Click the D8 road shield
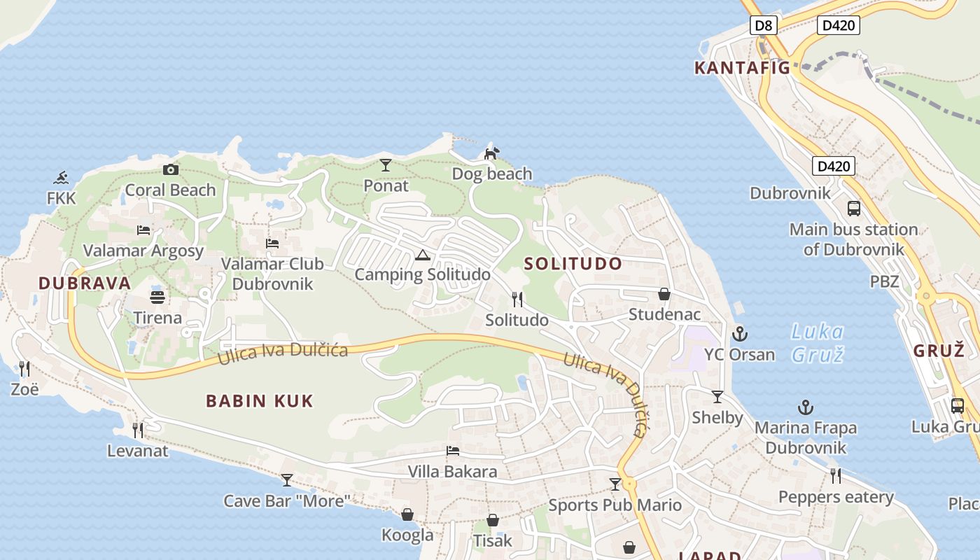(x=764, y=26)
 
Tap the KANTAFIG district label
(x=742, y=68)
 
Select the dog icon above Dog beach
(x=492, y=153)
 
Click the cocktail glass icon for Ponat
(x=386, y=165)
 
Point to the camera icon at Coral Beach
(x=170, y=169)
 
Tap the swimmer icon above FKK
(x=62, y=178)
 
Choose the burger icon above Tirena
(x=157, y=297)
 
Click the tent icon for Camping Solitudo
(x=421, y=255)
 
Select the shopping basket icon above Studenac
(x=664, y=294)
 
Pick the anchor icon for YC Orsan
(x=739, y=334)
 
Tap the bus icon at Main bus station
(x=854, y=208)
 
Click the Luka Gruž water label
(x=818, y=343)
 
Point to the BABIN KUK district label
(x=260, y=401)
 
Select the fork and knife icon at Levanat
(x=138, y=430)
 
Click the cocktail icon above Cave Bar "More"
(x=286, y=480)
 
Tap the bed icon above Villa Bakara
(x=453, y=451)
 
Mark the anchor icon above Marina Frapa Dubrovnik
(x=806, y=407)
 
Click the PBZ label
(x=885, y=282)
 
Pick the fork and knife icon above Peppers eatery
(x=835, y=476)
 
